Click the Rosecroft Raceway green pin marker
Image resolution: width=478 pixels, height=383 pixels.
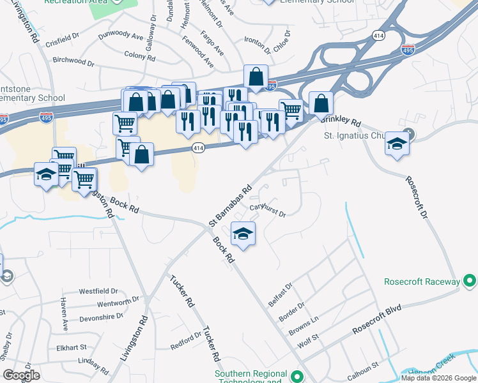(469, 281)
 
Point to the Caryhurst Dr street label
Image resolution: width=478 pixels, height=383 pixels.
(267, 209)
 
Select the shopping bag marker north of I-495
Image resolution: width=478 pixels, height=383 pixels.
(256, 77)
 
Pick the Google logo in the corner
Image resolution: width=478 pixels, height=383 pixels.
(21, 375)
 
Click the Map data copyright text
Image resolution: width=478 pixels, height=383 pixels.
(438, 378)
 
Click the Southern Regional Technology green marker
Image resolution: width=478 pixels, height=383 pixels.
(296, 376)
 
